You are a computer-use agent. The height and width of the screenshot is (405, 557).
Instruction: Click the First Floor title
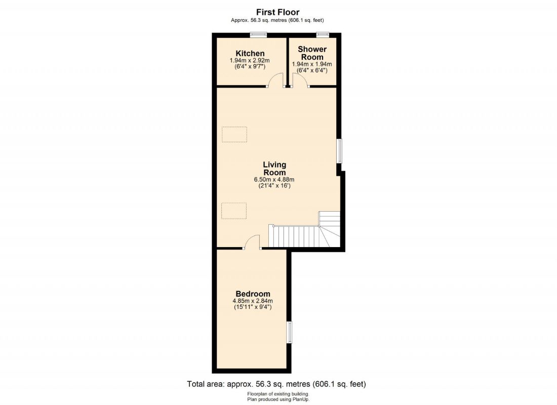click(x=277, y=12)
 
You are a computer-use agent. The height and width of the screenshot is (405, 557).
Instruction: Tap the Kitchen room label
click(x=250, y=53)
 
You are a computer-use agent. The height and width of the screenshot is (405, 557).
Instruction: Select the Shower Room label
click(x=312, y=53)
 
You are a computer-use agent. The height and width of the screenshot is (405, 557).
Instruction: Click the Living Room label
click(x=274, y=168)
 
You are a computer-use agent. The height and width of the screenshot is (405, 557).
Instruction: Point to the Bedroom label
click(x=253, y=294)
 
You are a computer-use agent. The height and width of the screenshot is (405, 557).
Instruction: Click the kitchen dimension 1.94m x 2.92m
click(x=250, y=61)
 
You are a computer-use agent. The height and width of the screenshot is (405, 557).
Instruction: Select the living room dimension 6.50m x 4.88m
click(x=274, y=179)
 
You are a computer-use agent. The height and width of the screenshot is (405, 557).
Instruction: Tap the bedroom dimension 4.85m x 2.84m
click(x=253, y=301)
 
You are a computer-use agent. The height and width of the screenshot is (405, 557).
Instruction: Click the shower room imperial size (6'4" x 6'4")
click(x=312, y=71)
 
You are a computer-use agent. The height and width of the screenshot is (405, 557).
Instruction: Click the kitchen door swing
click(x=276, y=80)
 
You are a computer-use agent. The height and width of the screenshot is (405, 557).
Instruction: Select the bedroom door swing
click(x=252, y=242)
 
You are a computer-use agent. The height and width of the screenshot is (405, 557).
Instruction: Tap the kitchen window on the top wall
click(x=259, y=34)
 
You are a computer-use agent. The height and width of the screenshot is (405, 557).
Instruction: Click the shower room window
click(x=323, y=34)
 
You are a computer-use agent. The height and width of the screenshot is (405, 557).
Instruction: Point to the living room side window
click(x=340, y=151)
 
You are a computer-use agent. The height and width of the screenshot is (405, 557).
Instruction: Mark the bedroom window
click(x=290, y=332)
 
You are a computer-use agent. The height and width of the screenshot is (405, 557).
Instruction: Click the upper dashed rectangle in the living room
click(x=234, y=134)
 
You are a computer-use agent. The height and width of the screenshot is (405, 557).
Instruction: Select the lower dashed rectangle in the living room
click(x=234, y=211)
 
